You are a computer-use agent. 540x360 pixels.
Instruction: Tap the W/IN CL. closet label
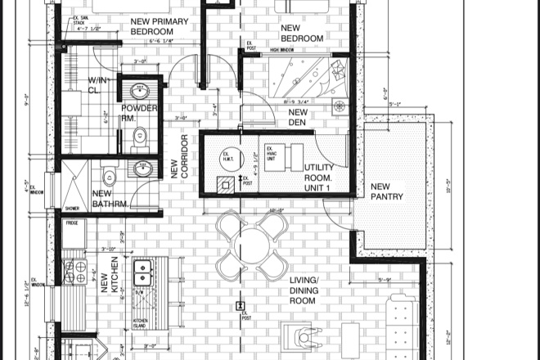tap(99, 85)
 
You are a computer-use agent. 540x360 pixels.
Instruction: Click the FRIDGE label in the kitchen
tap(72, 223)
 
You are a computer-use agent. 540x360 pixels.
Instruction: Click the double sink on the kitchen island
tap(142, 272)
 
